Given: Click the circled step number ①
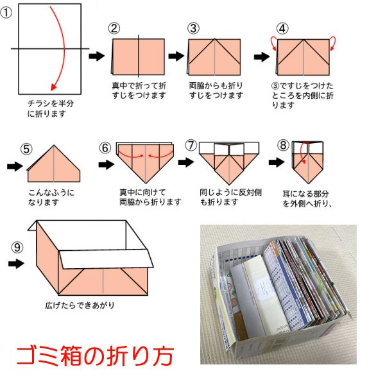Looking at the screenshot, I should pos(7,13).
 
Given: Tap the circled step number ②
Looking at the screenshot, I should pos(114,28).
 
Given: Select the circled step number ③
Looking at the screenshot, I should pos(193,28).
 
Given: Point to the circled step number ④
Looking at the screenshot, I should pos(282,28).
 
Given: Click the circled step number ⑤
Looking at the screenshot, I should pos(26,150).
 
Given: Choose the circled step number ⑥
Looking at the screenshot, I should pos(105,148).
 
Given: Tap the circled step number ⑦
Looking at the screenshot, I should pos(190,146).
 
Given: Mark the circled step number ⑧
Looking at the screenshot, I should pos(282,146).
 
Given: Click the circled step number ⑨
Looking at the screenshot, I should pos(18,246).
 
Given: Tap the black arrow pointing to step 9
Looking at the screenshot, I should pos(17,263).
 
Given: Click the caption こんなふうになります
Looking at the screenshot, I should pos(52,196).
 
